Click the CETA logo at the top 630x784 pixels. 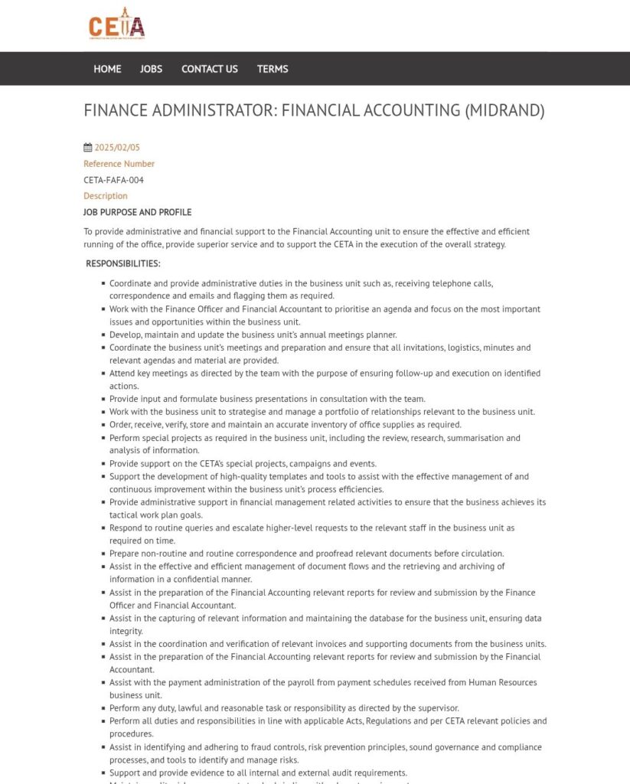coord(116,26)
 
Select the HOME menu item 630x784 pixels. coord(107,69)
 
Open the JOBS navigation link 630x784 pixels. coord(151,69)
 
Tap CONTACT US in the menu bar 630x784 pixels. coord(209,69)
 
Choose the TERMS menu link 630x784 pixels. coord(273,69)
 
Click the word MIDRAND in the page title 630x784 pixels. coord(504,110)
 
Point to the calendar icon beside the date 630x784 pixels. coord(87,148)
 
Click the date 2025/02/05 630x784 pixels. coord(117,148)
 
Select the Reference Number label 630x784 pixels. coord(119,164)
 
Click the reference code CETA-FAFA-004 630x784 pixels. coord(113,180)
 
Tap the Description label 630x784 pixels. coord(106,196)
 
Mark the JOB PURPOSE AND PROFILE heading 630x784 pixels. coord(137,212)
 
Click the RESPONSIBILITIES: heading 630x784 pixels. coord(123,263)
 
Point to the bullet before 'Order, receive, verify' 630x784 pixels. coord(103,425)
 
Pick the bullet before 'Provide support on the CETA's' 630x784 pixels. coord(103,464)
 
